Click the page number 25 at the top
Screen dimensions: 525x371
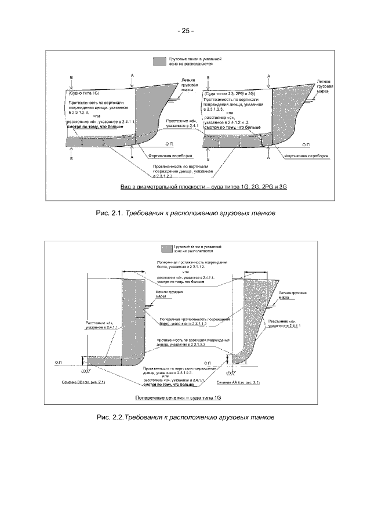185,31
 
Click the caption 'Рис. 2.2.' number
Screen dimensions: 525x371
110,417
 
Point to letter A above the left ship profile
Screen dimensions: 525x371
133,76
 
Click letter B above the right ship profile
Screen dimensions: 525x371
208,77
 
